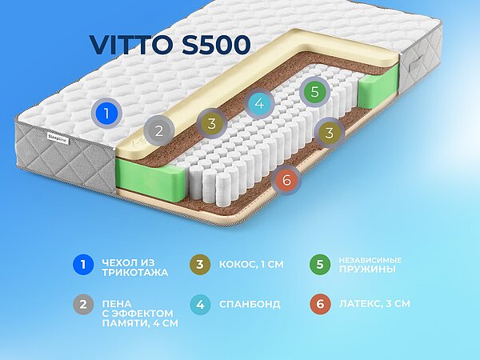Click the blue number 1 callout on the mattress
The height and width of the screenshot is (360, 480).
103,114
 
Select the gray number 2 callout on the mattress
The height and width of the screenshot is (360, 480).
159,130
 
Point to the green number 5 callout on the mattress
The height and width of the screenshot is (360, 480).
315,92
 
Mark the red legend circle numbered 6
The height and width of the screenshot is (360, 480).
318,305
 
